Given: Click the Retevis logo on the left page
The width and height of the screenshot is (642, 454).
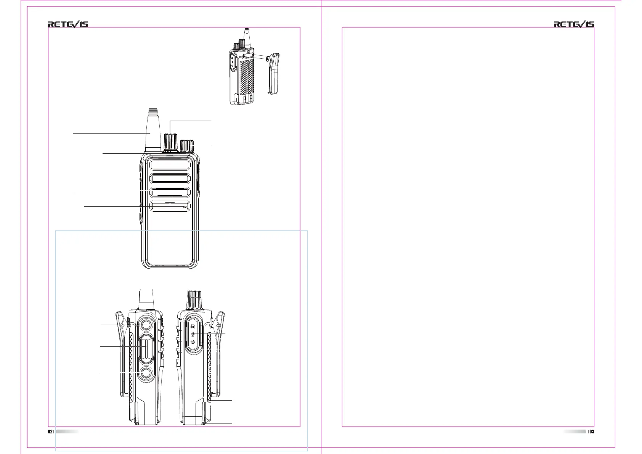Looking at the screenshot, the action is (68, 24).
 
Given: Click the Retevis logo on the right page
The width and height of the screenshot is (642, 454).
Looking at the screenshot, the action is (574, 24).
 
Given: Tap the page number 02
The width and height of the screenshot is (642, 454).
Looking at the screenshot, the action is (50, 431).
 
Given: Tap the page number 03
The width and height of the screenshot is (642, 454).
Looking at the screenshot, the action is (592, 431).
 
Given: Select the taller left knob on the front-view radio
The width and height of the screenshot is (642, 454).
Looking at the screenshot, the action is (170, 142).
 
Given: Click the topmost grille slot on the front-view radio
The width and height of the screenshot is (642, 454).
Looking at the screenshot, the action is (170, 165).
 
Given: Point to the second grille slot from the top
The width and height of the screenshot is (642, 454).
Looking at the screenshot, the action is (170, 179).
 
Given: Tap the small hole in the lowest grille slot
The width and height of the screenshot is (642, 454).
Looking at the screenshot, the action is (185, 207).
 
